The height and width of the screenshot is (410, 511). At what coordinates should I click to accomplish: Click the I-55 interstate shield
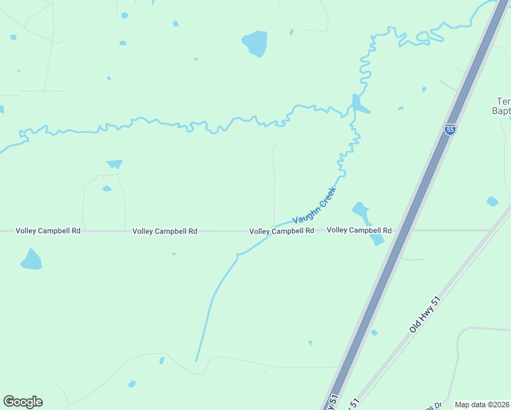point(450,129)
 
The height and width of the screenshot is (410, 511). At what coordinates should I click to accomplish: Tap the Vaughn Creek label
point(314,205)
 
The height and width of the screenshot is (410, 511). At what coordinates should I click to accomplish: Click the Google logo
point(23,402)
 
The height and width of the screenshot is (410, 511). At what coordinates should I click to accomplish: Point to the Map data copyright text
point(482,405)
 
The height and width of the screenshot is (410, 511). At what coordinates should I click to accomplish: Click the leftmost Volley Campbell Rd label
point(48,231)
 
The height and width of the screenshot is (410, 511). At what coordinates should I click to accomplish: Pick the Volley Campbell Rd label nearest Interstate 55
point(359,230)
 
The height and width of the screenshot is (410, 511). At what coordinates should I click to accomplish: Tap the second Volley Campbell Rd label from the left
point(165,232)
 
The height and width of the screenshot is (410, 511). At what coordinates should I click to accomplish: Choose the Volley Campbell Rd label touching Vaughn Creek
point(281,232)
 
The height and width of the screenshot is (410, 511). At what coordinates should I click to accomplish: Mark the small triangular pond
point(115,164)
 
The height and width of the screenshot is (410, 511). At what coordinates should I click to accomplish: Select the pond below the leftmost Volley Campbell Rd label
point(31,260)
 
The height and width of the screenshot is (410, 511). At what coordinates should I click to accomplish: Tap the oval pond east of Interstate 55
point(492,201)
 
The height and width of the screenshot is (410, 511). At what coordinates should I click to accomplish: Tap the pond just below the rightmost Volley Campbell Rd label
point(376,239)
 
